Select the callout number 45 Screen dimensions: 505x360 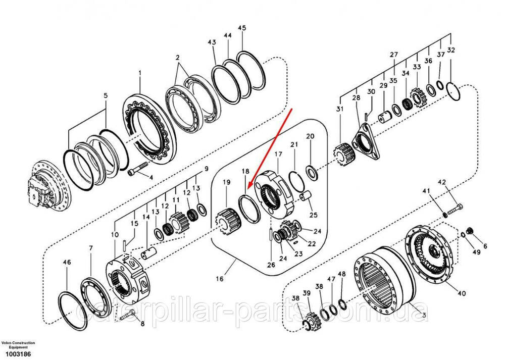click(242, 28)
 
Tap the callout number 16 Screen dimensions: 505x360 click(220, 279)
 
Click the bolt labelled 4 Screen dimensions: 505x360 click(138, 169)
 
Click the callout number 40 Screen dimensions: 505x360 click(462, 293)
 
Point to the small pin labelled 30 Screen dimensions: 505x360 click(367, 116)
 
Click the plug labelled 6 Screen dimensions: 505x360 click(470, 231)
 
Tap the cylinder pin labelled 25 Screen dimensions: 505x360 click(306, 196)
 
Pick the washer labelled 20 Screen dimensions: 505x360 click(312, 173)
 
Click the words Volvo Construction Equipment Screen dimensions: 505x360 click(18, 345)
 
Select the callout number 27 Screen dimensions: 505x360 click(394, 55)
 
